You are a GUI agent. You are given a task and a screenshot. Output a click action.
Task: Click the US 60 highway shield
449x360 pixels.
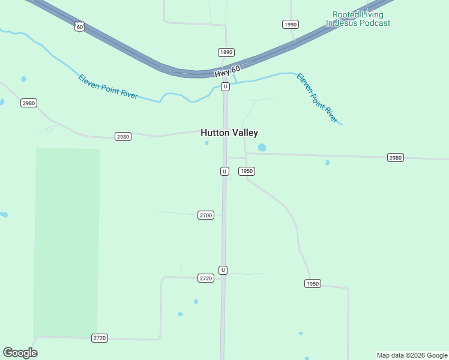[80, 26]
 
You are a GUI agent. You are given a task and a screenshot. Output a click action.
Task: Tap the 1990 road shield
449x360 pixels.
[291, 24]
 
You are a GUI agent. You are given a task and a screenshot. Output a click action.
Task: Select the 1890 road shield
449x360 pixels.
[226, 52]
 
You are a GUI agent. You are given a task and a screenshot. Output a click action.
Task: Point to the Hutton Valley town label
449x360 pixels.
[229, 133]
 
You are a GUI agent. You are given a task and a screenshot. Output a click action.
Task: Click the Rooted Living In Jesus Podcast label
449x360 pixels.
[358, 19]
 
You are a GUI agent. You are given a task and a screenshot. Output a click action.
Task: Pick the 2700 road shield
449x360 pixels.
[205, 215]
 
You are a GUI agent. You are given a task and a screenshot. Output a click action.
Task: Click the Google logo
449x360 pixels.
[20, 353]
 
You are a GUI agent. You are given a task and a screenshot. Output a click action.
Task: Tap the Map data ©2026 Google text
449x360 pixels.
[412, 355]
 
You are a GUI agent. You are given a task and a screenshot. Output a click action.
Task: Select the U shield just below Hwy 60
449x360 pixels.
[225, 86]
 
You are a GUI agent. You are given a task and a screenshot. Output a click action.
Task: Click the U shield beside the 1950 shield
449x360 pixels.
[224, 171]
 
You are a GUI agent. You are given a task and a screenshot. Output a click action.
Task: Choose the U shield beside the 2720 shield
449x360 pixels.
[223, 270]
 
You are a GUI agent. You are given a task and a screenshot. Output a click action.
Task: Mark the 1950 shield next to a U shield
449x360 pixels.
[247, 171]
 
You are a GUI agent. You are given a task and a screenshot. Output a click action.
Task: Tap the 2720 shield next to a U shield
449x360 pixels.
[206, 278]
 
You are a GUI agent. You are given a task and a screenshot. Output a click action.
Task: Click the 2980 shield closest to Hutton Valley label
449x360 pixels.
[123, 137]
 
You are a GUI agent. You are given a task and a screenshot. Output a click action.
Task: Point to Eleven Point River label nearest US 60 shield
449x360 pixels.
[108, 86]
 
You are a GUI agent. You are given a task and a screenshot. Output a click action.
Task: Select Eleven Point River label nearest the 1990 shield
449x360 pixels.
[318, 98]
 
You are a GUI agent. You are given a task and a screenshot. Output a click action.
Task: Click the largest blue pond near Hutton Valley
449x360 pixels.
[262, 147]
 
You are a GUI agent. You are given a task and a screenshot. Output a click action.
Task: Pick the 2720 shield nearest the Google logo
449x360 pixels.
[100, 338]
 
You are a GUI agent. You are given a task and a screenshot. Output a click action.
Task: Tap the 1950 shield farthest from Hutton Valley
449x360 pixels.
[312, 283]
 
